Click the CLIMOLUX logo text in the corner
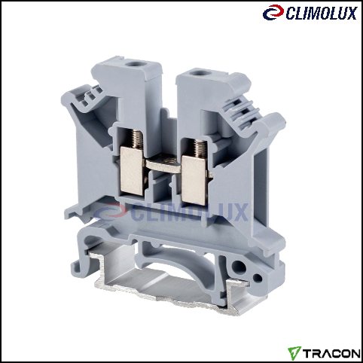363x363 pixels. [322, 13]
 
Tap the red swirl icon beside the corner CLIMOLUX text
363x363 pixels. [273, 13]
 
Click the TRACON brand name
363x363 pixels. [331, 353]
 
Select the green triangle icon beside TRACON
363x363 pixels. [294, 352]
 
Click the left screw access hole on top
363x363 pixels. [132, 64]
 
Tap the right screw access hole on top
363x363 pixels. [197, 73]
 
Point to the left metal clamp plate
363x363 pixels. [132, 171]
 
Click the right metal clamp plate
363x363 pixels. [194, 180]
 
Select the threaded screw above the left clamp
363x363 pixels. [137, 139]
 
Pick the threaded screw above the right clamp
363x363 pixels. [200, 148]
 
